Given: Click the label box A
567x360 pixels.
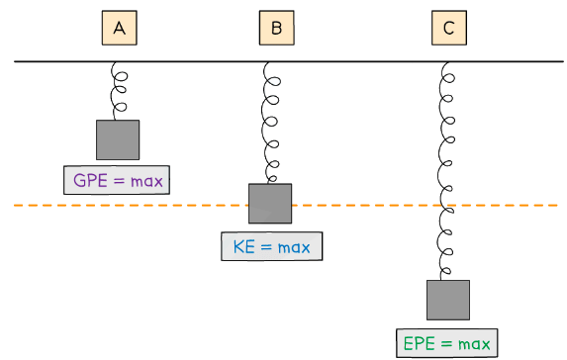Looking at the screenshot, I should pyautogui.click(x=119, y=29).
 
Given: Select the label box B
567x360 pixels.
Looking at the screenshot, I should pyautogui.click(x=276, y=29).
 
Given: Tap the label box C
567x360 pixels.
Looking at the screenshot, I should pyautogui.click(x=448, y=29).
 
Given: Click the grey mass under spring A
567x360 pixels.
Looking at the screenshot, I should pyautogui.click(x=118, y=139).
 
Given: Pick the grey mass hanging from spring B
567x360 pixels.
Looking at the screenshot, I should pyautogui.click(x=270, y=203).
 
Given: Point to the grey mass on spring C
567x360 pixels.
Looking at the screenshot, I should pyautogui.click(x=448, y=300).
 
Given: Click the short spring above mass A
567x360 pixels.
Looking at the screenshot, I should pyautogui.click(x=119, y=91).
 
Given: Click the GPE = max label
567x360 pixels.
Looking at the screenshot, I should pyautogui.click(x=118, y=180).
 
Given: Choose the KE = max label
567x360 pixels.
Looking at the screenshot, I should pyautogui.click(x=271, y=245).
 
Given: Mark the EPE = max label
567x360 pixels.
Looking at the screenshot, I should pyautogui.click(x=447, y=343).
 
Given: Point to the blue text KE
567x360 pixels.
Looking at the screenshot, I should pyautogui.click(x=244, y=245).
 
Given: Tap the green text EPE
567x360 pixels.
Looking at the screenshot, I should pyautogui.click(x=420, y=343).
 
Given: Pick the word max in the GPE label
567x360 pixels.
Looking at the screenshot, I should pyautogui.click(x=144, y=181).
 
